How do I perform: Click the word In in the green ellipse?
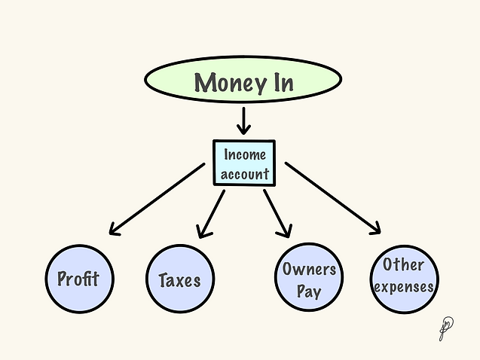pyautogui.click(x=277, y=82)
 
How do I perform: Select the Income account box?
pyautogui.click(x=244, y=163)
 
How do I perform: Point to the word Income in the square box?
pyautogui.click(x=244, y=155)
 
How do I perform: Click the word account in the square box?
pyautogui.click(x=244, y=174)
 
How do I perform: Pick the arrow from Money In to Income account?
pyautogui.click(x=243, y=121)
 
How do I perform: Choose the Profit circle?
pyautogui.click(x=78, y=279)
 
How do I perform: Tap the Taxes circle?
pyautogui.click(x=180, y=280)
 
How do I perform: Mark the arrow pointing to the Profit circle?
pyautogui.click(x=157, y=199)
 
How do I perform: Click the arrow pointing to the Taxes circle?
pyautogui.click(x=210, y=213)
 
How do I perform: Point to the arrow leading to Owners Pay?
pyautogui.click(x=277, y=213)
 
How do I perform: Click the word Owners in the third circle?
pyautogui.click(x=308, y=268)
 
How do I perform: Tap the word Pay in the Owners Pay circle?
pyautogui.click(x=308, y=290)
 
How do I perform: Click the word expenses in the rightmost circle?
pyautogui.click(x=405, y=286)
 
